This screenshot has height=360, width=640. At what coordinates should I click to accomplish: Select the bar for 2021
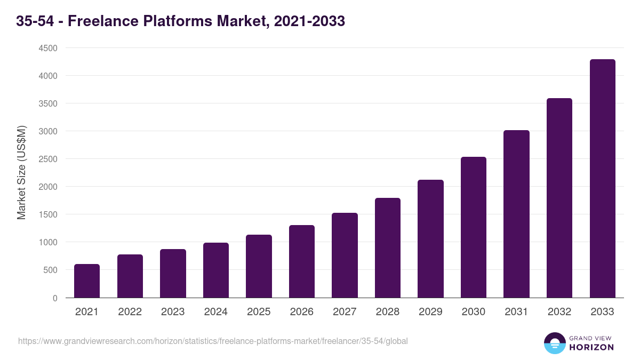pyautogui.click(x=87, y=281)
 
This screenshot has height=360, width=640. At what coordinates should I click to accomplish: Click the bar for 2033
pyautogui.click(x=602, y=179)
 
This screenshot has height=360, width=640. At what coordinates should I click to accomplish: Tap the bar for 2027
pyautogui.click(x=345, y=255)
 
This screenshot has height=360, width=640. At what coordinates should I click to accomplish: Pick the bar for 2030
pyautogui.click(x=474, y=227)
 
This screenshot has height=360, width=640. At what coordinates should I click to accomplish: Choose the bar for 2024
pyautogui.click(x=216, y=270)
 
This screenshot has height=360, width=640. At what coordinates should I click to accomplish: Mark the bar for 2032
pyautogui.click(x=559, y=198)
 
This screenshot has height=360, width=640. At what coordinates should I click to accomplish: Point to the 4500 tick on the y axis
pyautogui.click(x=47, y=48)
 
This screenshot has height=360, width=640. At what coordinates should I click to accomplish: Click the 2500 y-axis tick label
pyautogui.click(x=47, y=159)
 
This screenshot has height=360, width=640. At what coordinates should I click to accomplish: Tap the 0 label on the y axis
pyautogui.click(x=54, y=298)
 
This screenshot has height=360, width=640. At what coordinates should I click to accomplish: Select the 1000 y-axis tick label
pyautogui.click(x=47, y=242)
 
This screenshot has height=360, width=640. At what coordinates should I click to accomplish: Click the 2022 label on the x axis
pyautogui.click(x=130, y=312)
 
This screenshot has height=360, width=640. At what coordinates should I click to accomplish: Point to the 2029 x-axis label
pyautogui.click(x=430, y=312)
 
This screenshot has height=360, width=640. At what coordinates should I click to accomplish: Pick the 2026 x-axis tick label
pyautogui.click(x=302, y=312)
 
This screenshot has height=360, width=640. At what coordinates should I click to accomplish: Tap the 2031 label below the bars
pyautogui.click(x=516, y=312)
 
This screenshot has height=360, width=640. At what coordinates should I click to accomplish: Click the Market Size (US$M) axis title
pyautogui.click(x=21, y=172)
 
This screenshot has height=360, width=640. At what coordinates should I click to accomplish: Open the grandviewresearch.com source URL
pyautogui.click(x=213, y=341)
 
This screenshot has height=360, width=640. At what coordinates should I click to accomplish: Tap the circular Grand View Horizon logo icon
pyautogui.click(x=554, y=343)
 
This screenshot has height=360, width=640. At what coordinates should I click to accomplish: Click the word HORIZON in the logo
pyautogui.click(x=591, y=347)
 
